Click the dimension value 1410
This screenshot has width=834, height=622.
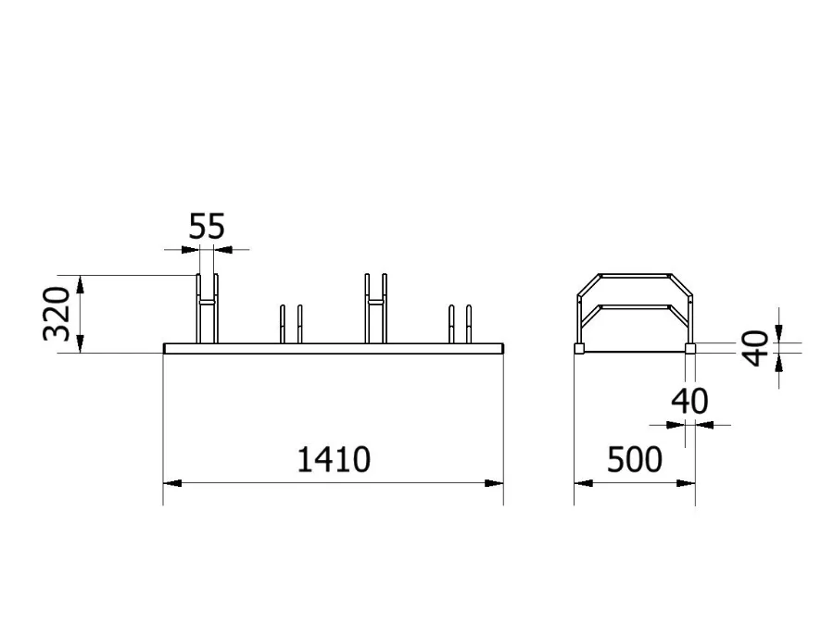click(334, 459)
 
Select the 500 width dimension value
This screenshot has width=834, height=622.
click(635, 459)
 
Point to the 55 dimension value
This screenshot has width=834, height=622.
click(207, 227)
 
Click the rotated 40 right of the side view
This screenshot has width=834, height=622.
click(757, 348)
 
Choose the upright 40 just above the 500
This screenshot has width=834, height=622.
click(689, 402)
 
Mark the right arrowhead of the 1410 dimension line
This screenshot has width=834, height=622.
click(498, 483)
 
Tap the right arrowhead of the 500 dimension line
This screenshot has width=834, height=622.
click(689, 483)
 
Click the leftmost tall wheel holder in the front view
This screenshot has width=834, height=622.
click(207, 308)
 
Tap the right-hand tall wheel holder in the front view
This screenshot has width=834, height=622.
click(375, 308)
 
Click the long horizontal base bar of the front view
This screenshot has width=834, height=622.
click(334, 349)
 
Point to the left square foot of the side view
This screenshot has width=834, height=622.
click(579, 349)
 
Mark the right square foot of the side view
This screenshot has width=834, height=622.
click(690, 349)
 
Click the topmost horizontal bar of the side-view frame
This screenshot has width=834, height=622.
click(636, 275)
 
